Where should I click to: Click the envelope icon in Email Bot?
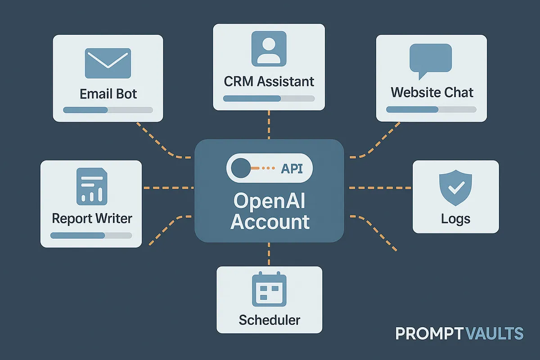pos(108,63)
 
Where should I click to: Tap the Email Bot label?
pos(108,94)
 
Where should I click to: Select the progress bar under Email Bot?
pos(108,110)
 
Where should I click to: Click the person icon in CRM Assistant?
pos(269,48)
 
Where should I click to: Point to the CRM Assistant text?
pos(269,81)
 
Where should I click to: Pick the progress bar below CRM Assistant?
pos(269,99)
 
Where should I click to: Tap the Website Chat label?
pos(432,93)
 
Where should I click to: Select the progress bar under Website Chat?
pos(431,109)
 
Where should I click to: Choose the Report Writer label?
pos(92,219)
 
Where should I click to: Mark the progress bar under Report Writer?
pos(91,235)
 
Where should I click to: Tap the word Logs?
pos(455,219)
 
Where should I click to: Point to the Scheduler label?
pos(269,320)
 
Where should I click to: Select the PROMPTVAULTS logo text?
pos(459,333)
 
